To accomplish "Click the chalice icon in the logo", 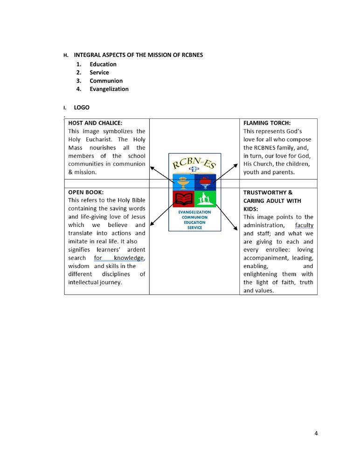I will [184, 182].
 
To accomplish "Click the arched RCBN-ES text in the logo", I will [194, 163].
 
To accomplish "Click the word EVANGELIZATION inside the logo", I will [195, 212].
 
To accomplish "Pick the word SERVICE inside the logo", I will [195, 227].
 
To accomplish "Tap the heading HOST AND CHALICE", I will [95, 123].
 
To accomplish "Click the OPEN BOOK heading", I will [86, 192].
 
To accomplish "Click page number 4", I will [316, 433].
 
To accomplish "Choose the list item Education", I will [103, 64].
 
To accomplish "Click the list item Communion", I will [106, 81].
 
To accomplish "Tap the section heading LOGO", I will [82, 108].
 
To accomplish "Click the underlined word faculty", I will [304, 225].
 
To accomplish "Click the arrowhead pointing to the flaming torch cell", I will [237, 164].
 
